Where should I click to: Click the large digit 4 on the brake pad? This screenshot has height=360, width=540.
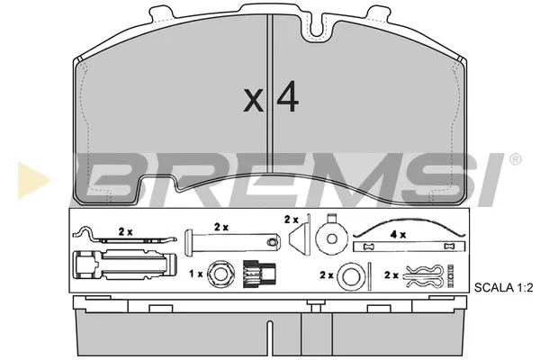click(288, 96)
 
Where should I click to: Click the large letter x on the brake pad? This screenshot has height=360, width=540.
click(253, 100)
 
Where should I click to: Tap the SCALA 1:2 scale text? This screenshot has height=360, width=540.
click(503, 287)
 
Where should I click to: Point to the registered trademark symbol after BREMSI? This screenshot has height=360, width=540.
click(515, 159)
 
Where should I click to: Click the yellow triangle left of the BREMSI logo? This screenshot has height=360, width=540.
click(32, 180)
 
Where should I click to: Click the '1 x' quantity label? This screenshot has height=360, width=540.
click(196, 274)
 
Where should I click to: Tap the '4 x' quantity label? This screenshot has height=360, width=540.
click(398, 235)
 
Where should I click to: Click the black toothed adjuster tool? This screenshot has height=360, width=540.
click(259, 274)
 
